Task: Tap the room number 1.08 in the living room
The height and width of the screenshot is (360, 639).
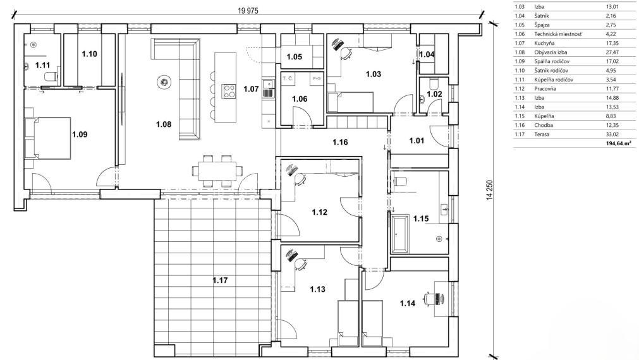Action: coord(163,124)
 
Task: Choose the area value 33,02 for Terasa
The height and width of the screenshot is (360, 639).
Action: coord(614,134)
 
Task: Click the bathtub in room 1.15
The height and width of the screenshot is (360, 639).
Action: coord(399,232)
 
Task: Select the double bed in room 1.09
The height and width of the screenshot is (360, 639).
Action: coord(45,137)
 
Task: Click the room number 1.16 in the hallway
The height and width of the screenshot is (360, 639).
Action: coord(341,143)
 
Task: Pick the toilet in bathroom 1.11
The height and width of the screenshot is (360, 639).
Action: coord(49,76)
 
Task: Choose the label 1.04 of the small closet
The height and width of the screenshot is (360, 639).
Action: coord(427,55)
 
